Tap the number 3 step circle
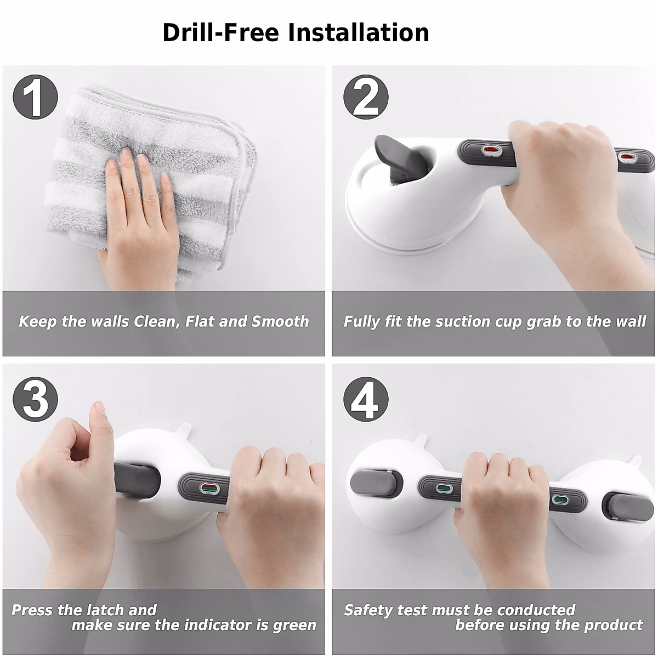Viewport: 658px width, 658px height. (35, 399)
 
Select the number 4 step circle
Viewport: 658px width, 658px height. (366, 399)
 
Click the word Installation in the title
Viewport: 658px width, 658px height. (359, 33)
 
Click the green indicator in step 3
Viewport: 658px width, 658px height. (208, 487)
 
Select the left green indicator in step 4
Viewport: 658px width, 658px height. (443, 487)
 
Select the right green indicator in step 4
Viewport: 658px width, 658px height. (559, 500)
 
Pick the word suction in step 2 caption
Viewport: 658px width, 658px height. (460, 321)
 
